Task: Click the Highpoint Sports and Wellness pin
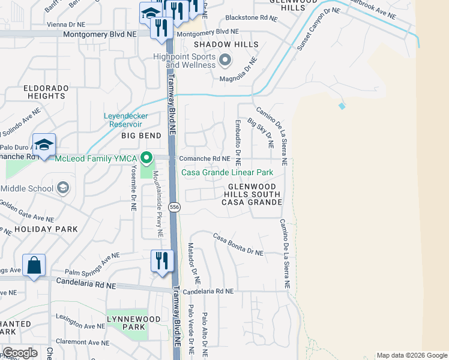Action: coord(225,59)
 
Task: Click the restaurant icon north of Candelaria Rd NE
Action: coord(161,260)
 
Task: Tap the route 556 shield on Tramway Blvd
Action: coord(174,207)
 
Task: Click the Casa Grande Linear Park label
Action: coord(228,173)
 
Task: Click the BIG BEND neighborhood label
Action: coord(142,136)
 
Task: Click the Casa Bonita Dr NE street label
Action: coord(238,245)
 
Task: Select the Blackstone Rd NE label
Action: coord(252,19)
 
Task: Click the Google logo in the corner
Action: coord(20,353)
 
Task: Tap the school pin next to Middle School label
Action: coord(62,188)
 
